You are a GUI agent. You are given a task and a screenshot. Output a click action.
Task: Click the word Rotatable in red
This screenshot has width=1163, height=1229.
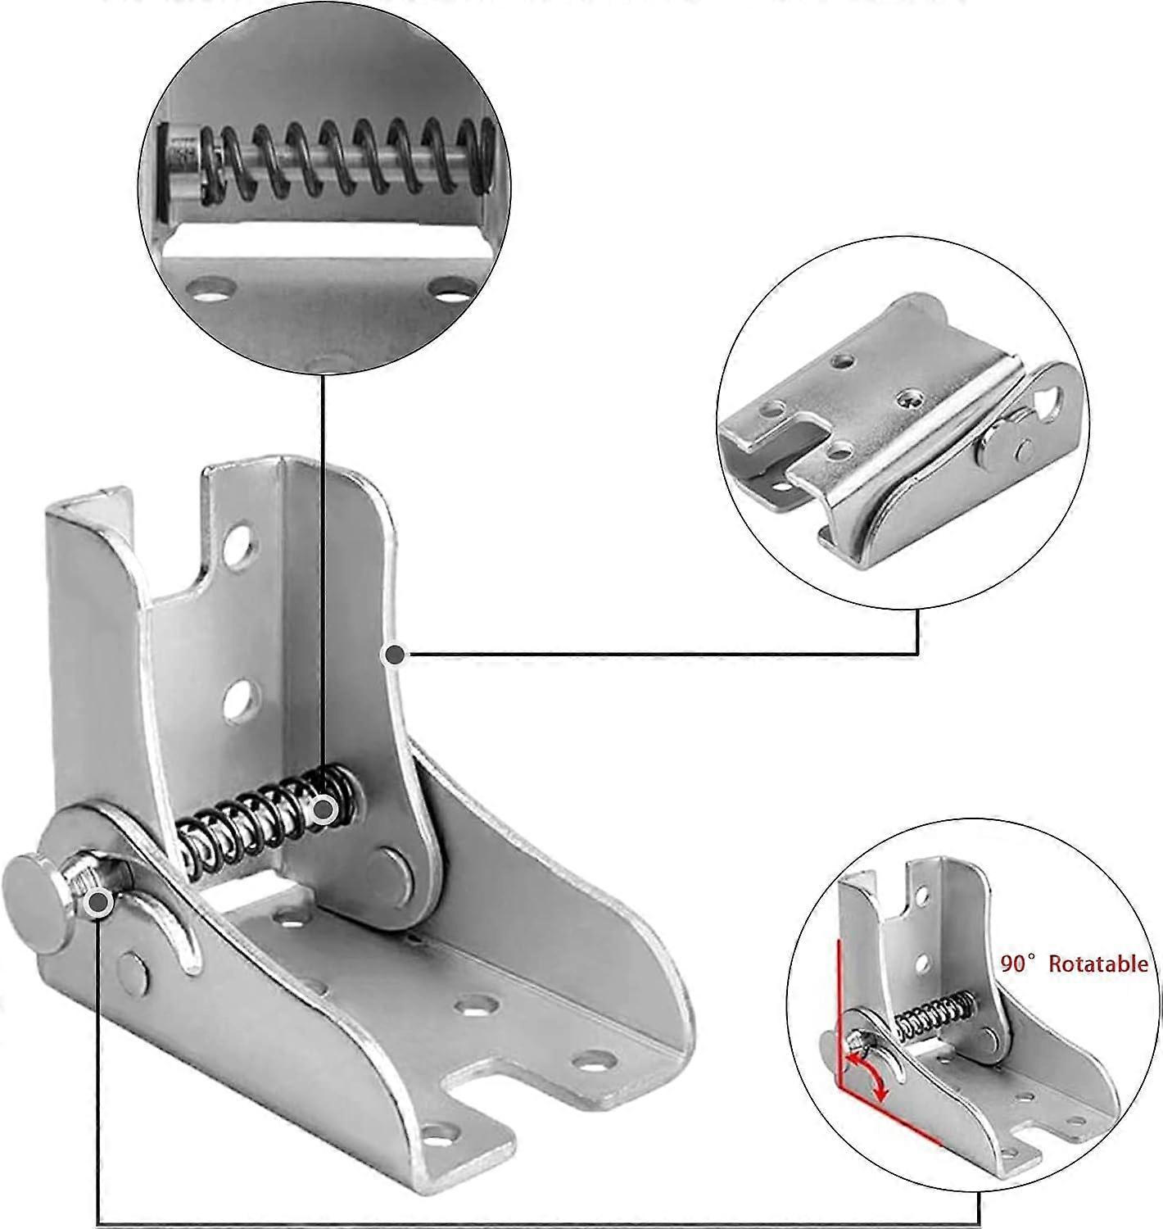pyautogui.click(x=1098, y=964)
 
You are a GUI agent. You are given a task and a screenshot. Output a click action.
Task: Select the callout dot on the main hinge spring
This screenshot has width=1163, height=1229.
pyautogui.click(x=324, y=809)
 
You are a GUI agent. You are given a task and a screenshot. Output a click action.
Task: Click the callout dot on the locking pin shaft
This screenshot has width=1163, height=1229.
pyautogui.click(x=99, y=901)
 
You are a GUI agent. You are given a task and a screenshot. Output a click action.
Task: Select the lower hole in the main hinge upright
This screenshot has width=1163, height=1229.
pyautogui.click(x=238, y=701)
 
